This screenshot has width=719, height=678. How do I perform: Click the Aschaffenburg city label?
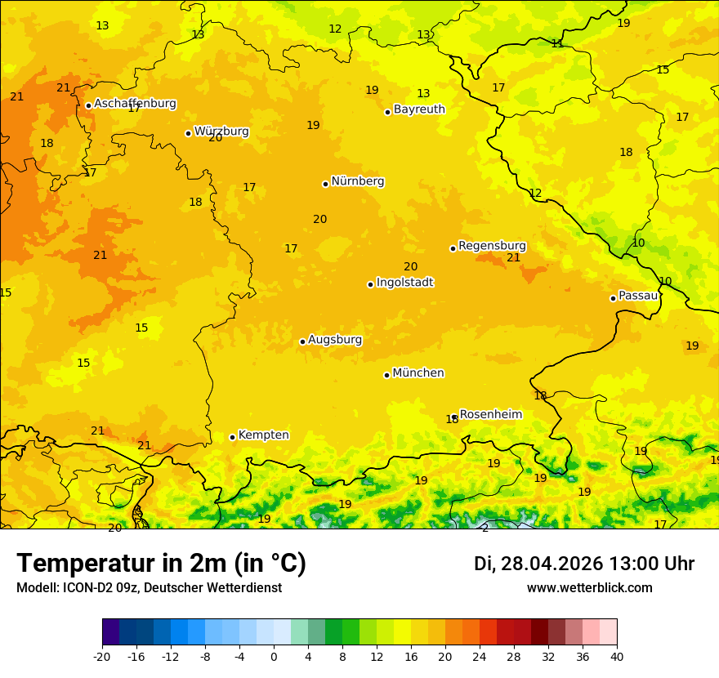(x=135, y=104)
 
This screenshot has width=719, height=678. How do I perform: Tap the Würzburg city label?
(x=221, y=132)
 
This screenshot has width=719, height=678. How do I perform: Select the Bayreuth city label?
(x=419, y=109)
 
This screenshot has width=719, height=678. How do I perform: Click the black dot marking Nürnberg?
(x=325, y=184)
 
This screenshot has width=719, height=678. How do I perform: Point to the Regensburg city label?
(x=492, y=246)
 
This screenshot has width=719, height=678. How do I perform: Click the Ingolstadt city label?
(x=404, y=283)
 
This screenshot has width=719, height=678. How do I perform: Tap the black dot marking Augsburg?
(x=302, y=341)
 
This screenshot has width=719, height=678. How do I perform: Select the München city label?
(x=418, y=373)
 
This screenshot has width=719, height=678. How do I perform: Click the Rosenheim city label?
(x=490, y=415)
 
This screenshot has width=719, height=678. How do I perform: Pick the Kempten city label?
(x=263, y=435)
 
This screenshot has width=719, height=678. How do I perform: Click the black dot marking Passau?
(x=613, y=298)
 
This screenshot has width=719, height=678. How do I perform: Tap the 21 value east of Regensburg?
(x=513, y=258)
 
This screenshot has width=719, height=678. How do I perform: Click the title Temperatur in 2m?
(x=161, y=564)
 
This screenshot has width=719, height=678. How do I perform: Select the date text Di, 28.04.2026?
(x=538, y=564)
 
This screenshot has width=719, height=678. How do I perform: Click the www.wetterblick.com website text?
(x=589, y=588)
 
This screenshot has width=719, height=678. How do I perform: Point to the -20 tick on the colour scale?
(x=102, y=656)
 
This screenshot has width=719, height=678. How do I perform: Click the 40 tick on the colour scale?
(x=617, y=656)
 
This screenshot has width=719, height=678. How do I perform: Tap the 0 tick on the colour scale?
(x=274, y=656)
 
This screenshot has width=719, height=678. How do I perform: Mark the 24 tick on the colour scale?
(x=480, y=656)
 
